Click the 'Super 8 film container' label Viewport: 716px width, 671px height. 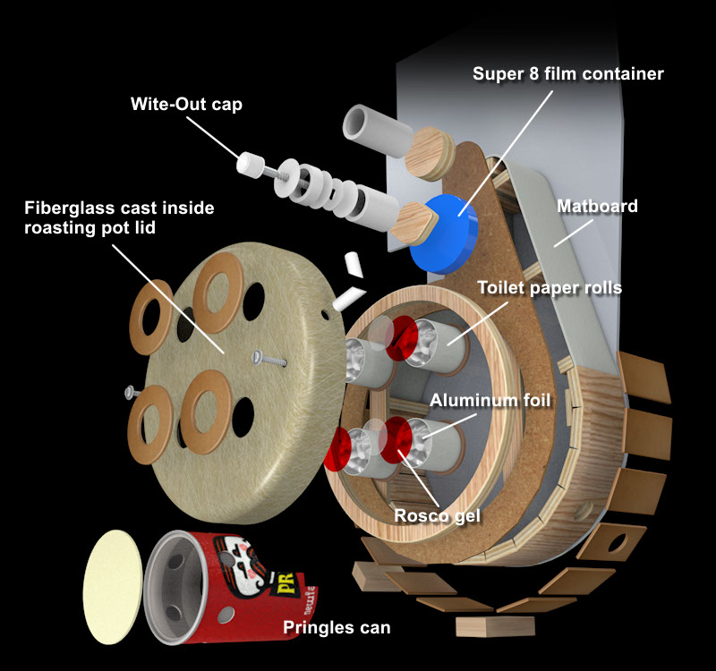pyautogui.click(x=568, y=73)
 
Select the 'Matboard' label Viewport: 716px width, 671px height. pyautogui.click(x=597, y=207)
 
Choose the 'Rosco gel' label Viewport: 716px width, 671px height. pyautogui.click(x=439, y=515)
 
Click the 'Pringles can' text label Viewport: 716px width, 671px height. pyautogui.click(x=337, y=627)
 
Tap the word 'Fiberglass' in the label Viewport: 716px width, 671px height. pyautogui.click(x=69, y=208)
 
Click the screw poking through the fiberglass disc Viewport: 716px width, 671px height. pyautogui.click(x=268, y=360)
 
